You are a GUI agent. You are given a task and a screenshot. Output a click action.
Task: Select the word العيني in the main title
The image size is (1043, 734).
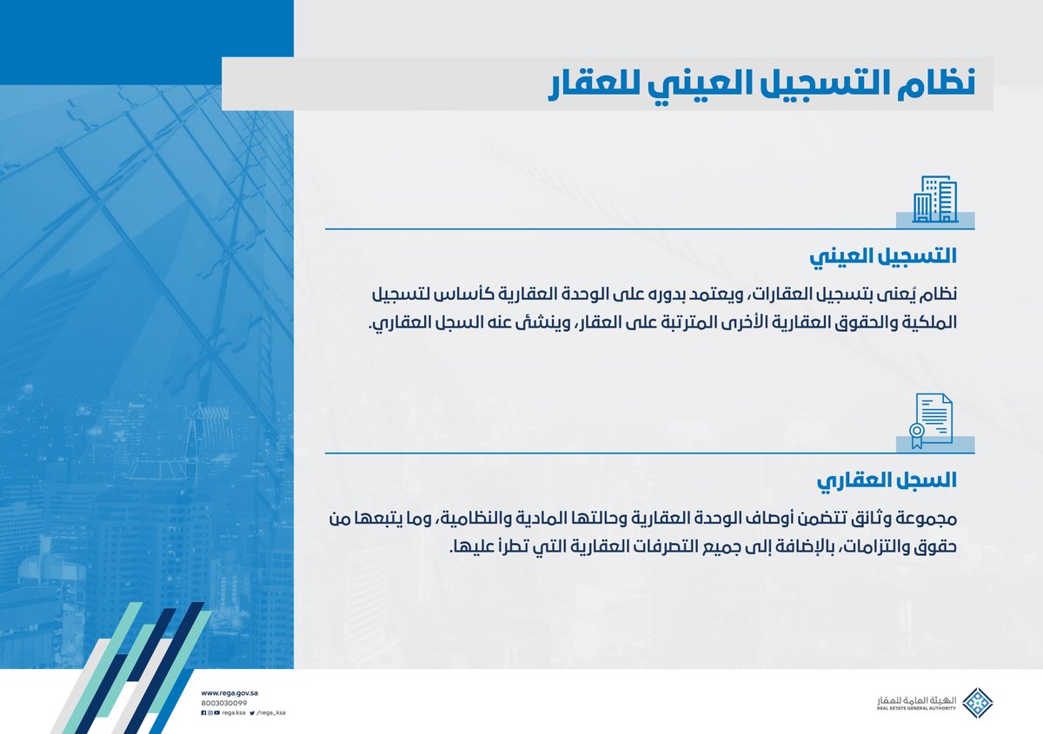pyautogui.click(x=693, y=84)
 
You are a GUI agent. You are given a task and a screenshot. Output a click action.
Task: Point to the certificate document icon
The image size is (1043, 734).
pyautogui.click(x=931, y=421)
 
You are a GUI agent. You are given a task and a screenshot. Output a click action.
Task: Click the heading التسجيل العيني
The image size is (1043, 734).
pyautogui.click(x=883, y=257)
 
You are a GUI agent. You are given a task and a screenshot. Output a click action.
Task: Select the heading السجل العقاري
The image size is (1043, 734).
pyautogui.click(x=888, y=479)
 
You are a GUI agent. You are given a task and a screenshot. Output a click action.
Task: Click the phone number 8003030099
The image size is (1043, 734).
pyautogui.click(x=224, y=703)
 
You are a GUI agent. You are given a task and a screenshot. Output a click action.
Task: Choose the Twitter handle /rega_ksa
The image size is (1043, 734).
pyautogui.click(x=270, y=712)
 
